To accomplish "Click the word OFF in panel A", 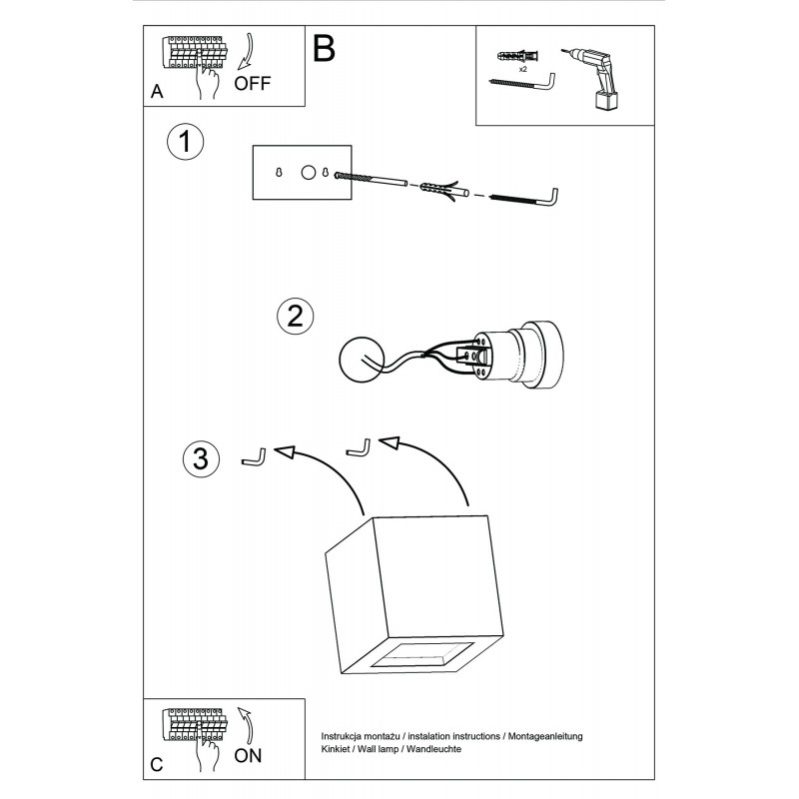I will (x=252, y=83).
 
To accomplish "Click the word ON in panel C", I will (x=248, y=756).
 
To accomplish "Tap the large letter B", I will (x=325, y=48).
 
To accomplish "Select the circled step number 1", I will (x=185, y=141).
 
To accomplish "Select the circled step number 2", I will (x=294, y=317).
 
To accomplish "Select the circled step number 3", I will (x=200, y=458).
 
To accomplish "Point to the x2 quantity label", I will (x=522, y=69).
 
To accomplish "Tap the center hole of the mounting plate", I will (x=309, y=172).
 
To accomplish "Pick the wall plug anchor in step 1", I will (x=441, y=188).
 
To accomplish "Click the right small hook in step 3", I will (x=358, y=448).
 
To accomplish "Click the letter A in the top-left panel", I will (x=157, y=91).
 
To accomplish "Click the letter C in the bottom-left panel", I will (x=157, y=765).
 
